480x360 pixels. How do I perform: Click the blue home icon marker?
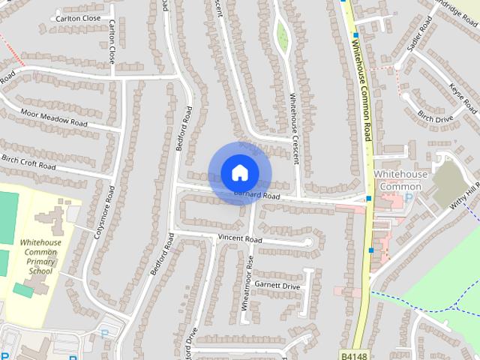point(238,172)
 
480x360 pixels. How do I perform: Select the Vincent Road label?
point(239,238)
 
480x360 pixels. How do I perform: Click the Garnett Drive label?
point(277,285)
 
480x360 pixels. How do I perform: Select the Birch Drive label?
point(435,118)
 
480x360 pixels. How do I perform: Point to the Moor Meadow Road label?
point(54,117)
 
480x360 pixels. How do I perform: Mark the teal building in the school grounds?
point(22,290)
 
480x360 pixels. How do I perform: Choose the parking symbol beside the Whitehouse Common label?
point(408,198)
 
